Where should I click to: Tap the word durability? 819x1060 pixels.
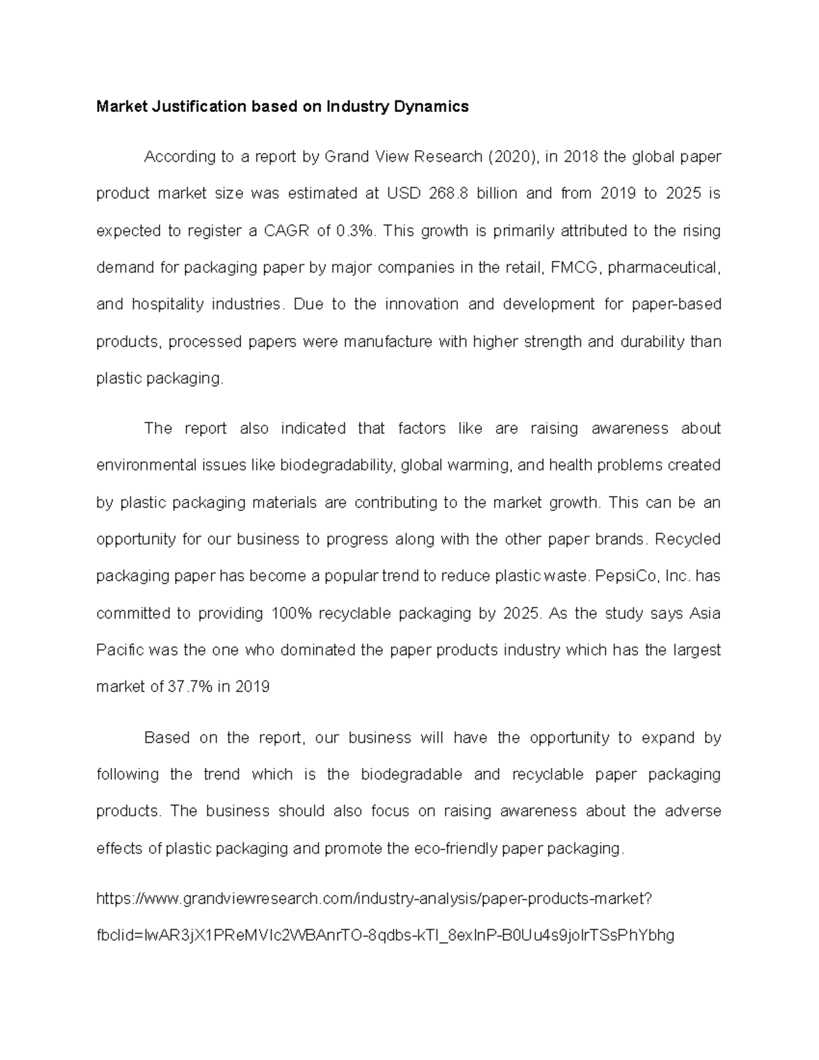652,341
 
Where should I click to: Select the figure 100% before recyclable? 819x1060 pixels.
291,613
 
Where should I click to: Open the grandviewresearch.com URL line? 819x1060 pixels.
375,899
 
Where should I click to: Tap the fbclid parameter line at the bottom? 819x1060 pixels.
385,935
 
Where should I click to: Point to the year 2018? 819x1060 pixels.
581,157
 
